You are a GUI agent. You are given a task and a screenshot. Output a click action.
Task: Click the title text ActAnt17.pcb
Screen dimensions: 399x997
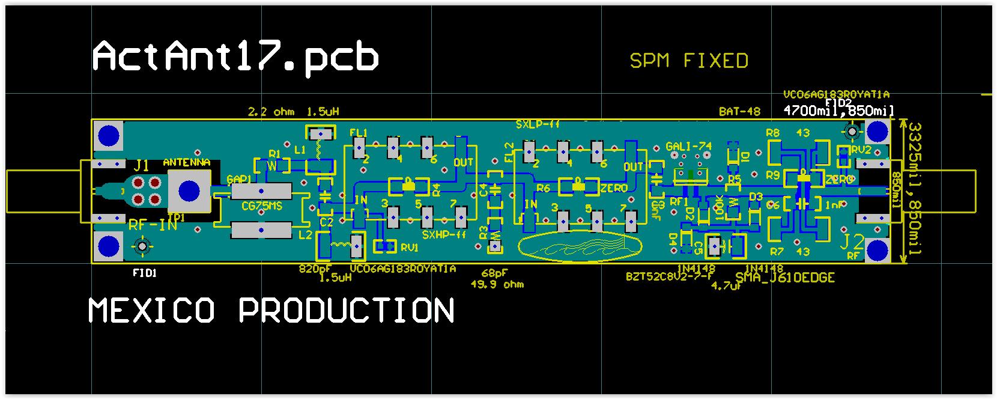(x=235, y=57)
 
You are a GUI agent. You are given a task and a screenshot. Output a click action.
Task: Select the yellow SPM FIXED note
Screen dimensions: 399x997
(x=689, y=61)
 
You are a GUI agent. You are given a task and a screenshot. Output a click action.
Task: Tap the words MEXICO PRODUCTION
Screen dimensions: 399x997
(x=271, y=311)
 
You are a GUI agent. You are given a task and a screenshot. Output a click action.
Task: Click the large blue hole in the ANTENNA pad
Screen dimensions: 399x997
(x=190, y=191)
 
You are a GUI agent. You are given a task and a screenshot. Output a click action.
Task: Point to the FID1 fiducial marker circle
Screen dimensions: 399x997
(x=143, y=246)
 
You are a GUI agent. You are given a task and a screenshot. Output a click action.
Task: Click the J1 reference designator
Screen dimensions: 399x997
(x=142, y=165)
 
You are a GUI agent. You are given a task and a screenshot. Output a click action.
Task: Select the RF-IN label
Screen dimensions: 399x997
(x=153, y=225)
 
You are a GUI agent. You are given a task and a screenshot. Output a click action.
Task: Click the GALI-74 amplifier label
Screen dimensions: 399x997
(x=688, y=147)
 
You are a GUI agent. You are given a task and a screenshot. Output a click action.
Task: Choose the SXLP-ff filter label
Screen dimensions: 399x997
(x=538, y=124)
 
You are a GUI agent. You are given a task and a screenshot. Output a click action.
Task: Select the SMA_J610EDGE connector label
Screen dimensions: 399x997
(x=785, y=278)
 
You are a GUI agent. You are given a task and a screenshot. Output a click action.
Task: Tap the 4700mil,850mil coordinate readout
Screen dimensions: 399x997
(x=838, y=111)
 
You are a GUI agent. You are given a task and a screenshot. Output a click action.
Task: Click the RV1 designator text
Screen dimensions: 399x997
(x=409, y=248)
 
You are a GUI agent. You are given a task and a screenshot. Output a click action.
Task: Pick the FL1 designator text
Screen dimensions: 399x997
(x=358, y=133)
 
